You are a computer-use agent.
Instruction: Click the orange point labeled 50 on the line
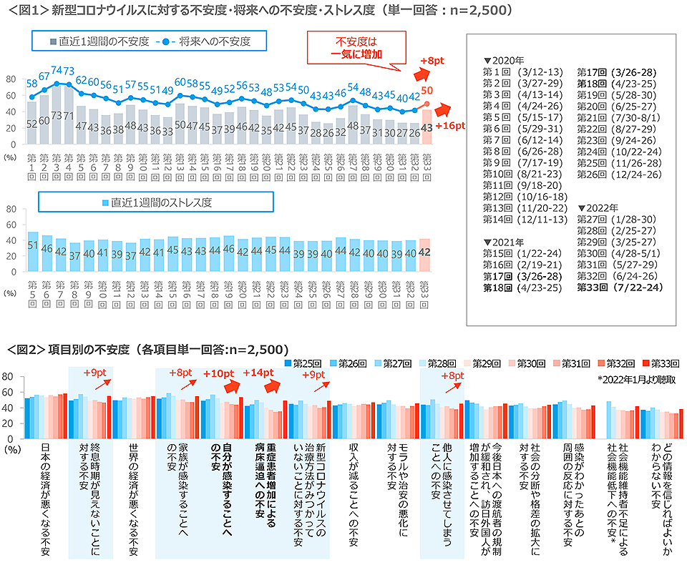(427, 103)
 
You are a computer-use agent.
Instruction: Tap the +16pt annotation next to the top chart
(450, 126)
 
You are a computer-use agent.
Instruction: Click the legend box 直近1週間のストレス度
(155, 203)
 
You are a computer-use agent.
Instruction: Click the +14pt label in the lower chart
(258, 373)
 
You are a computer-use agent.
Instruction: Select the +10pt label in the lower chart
(218, 373)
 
